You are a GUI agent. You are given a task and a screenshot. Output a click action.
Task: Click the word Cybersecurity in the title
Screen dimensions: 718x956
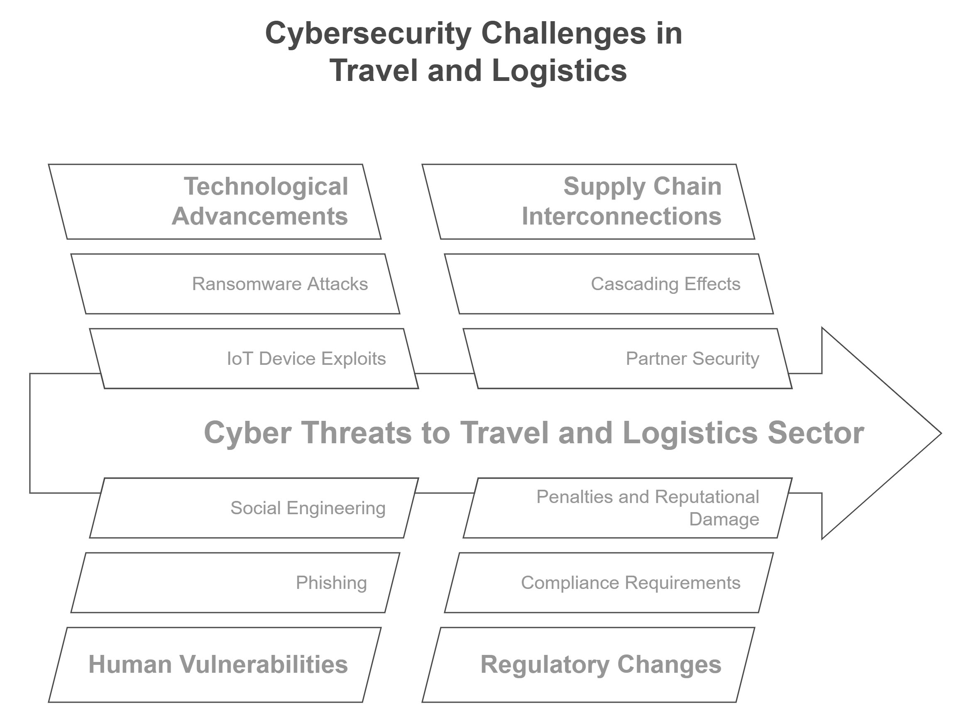pos(368,34)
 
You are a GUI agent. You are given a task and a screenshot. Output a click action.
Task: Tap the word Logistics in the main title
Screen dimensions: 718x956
pos(559,71)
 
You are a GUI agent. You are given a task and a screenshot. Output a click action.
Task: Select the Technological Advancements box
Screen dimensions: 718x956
pos(215,201)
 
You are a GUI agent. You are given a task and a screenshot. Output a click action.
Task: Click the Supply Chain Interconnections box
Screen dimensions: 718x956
pos(588,201)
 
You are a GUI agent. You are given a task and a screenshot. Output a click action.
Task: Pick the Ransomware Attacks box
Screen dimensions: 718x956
pos(235,284)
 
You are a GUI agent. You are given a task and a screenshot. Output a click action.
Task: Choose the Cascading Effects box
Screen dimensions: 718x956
pos(609,284)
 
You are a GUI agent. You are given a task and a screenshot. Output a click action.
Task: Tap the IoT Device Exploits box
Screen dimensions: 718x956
pos(254,359)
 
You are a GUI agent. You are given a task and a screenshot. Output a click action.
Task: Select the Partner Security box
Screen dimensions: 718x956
pos(628,359)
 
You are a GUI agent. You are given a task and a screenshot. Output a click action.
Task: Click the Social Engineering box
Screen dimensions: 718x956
pos(254,508)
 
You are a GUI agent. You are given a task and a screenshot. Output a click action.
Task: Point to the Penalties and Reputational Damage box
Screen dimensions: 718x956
pos(628,508)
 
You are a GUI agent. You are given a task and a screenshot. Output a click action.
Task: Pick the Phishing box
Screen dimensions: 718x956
pos(235,583)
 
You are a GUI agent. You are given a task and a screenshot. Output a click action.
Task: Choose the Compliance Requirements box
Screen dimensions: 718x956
pos(609,583)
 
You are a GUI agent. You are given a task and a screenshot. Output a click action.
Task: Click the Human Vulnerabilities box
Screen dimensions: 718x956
pos(215,665)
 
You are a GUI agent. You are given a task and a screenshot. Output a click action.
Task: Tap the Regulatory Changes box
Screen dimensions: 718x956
pos(588,665)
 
